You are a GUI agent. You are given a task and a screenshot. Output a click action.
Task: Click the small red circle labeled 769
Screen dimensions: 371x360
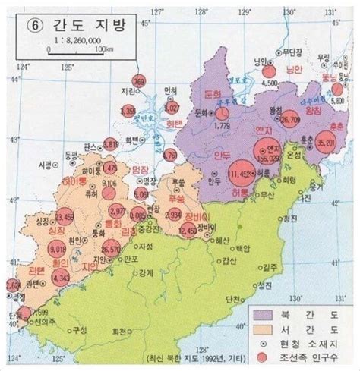[x=139, y=82]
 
